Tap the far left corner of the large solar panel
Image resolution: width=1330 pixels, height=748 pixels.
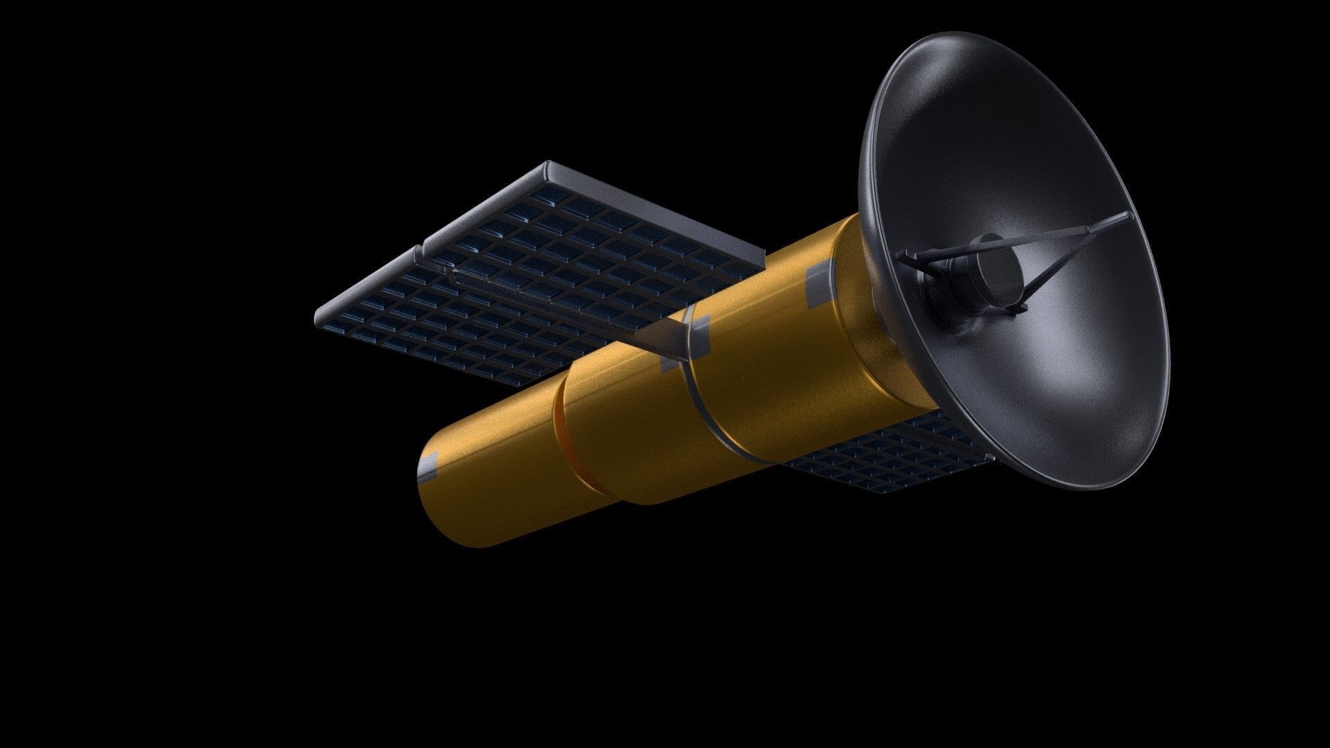pos(317,320)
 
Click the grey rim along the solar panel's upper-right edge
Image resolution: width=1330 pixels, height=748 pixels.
pos(658,208)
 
